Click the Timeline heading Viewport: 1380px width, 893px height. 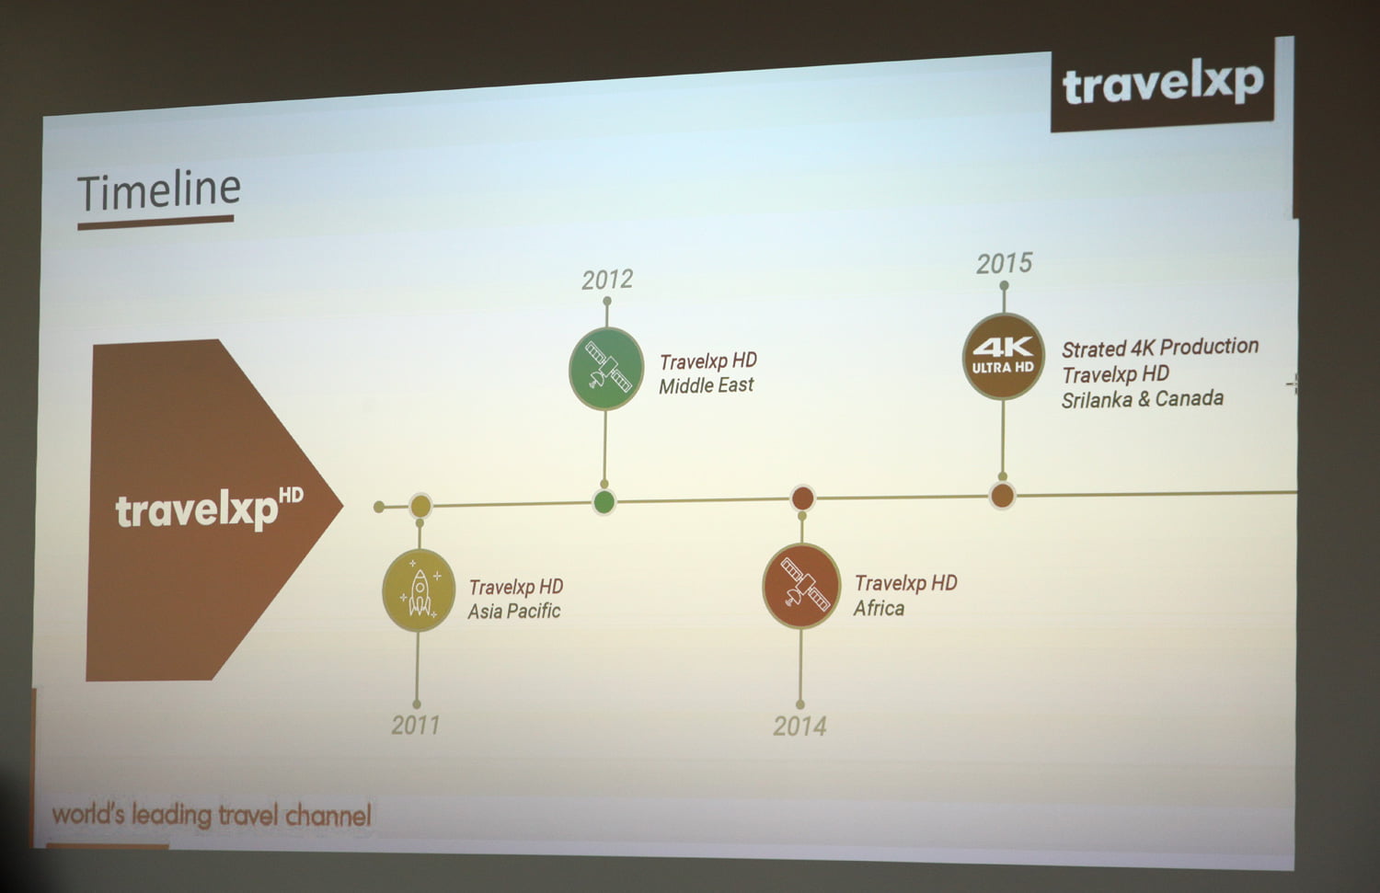(x=158, y=191)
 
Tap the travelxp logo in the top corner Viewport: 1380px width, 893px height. (x=1163, y=85)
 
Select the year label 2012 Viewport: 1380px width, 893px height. (x=607, y=280)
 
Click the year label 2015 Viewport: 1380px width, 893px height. (x=1004, y=264)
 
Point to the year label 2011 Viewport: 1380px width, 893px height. (x=416, y=725)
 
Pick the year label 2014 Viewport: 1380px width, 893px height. (x=799, y=727)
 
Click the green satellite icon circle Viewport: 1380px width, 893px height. (x=606, y=368)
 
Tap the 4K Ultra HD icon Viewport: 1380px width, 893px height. (x=1003, y=357)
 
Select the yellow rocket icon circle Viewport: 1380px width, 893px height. (x=419, y=590)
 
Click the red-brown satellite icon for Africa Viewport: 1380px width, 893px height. (x=801, y=586)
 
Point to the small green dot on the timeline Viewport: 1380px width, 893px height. (x=604, y=502)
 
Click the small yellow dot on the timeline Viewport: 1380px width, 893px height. (x=420, y=505)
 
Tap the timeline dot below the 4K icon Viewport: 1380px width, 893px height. (x=1002, y=496)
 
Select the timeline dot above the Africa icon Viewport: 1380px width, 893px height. (x=802, y=498)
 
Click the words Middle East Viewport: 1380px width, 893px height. (x=706, y=386)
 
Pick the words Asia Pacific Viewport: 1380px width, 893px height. (x=513, y=612)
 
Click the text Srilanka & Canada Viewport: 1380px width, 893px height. (x=1142, y=399)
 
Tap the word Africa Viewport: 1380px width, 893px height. (x=879, y=608)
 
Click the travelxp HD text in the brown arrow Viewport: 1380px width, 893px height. (x=208, y=509)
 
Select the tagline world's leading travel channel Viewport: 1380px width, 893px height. (x=212, y=815)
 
